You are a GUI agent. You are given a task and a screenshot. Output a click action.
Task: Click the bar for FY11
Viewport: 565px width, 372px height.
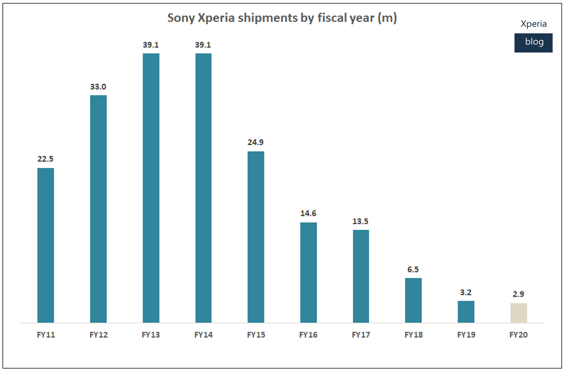[46, 245]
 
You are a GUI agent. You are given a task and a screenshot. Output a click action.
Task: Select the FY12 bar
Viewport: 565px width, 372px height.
[98, 209]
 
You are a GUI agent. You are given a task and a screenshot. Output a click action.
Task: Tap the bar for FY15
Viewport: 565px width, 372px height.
[256, 237]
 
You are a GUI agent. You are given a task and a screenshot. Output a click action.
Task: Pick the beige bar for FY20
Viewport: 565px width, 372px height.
[518, 313]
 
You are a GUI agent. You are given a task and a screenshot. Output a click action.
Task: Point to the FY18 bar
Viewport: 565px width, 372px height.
[413, 300]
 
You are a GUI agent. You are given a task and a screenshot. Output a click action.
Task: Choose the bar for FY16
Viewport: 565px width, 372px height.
[308, 272]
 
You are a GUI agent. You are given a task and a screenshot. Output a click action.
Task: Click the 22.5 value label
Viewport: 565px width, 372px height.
[46, 159]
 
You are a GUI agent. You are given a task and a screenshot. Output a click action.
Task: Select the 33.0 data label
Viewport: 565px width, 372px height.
[98, 87]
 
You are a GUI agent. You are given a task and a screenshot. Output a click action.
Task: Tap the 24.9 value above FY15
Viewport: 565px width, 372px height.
[256, 142]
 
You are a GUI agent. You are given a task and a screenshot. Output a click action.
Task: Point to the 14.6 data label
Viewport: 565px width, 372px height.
[308, 213]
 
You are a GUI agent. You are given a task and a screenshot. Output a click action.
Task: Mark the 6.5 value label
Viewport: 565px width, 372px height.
[413, 269]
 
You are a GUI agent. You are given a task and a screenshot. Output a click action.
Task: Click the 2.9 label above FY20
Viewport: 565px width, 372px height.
[518, 294]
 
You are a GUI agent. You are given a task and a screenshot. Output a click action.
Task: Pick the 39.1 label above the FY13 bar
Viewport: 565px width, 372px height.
[151, 45]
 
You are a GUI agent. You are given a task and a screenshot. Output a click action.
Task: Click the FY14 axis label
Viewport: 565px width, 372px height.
[204, 335]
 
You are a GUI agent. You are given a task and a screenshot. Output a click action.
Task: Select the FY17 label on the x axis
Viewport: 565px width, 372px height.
[361, 335]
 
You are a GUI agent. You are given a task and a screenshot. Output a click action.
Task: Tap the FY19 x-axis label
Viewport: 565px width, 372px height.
[466, 335]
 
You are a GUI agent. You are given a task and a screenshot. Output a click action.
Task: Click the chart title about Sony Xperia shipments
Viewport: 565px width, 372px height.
[282, 18]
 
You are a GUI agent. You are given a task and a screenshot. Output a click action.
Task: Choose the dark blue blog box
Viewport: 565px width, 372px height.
[533, 43]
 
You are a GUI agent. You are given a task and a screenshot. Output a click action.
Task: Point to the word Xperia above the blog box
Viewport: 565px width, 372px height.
[534, 24]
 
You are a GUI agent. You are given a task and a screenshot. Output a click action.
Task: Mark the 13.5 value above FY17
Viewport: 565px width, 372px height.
[361, 221]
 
